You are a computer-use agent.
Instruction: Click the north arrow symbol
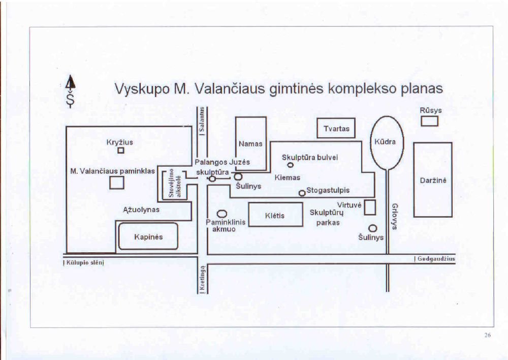pyautogui.click(x=72, y=85)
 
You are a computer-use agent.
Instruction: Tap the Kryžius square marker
pyautogui.click(x=121, y=151)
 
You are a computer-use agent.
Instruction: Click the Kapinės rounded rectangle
pyautogui.click(x=148, y=236)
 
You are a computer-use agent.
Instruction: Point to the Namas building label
pyautogui.click(x=250, y=144)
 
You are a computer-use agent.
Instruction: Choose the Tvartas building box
pyautogui.click(x=336, y=128)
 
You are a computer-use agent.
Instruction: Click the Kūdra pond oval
pyautogui.click(x=387, y=142)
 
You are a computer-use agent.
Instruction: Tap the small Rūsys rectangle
pyautogui.click(x=430, y=121)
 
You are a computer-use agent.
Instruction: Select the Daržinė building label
pyautogui.click(x=432, y=180)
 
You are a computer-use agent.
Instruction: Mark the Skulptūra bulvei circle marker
pyautogui.click(x=291, y=165)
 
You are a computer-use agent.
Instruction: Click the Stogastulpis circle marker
pyautogui.click(x=302, y=193)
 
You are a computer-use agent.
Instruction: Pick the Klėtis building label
pyautogui.click(x=275, y=216)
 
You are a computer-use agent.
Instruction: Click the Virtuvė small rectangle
pyautogui.click(x=370, y=207)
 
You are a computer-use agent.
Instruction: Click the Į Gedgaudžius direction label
pyautogui.click(x=435, y=259)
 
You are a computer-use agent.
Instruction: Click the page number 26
pyautogui.click(x=488, y=335)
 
